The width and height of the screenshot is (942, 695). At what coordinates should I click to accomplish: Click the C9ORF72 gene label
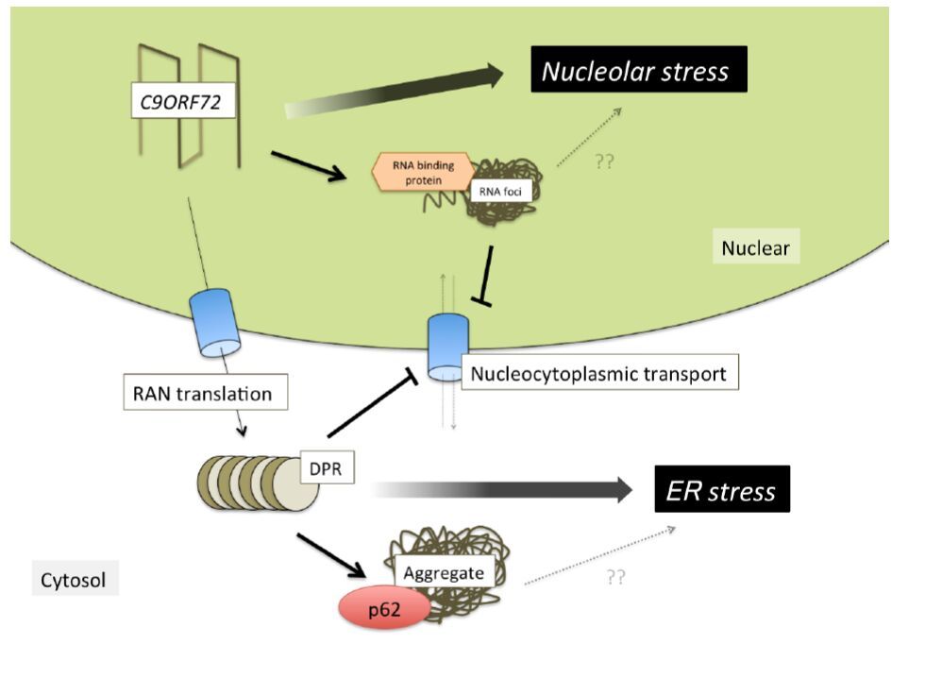tap(181, 101)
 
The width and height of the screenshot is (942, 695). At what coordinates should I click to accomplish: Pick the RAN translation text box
tap(204, 393)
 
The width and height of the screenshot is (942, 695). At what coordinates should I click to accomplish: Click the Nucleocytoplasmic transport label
tap(599, 373)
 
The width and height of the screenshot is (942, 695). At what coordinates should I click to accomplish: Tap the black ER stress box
tap(721, 491)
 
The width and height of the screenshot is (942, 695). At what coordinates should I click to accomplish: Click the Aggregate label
tap(443, 572)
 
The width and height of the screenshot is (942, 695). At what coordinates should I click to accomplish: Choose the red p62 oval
tap(384, 609)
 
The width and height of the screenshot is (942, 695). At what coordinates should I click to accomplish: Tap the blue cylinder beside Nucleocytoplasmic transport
tap(443, 347)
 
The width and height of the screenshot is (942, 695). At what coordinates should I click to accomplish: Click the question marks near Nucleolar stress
tap(605, 161)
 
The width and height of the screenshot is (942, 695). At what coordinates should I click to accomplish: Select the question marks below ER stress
tap(615, 576)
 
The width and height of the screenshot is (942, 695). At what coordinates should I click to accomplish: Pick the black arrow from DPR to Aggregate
tap(330, 554)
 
